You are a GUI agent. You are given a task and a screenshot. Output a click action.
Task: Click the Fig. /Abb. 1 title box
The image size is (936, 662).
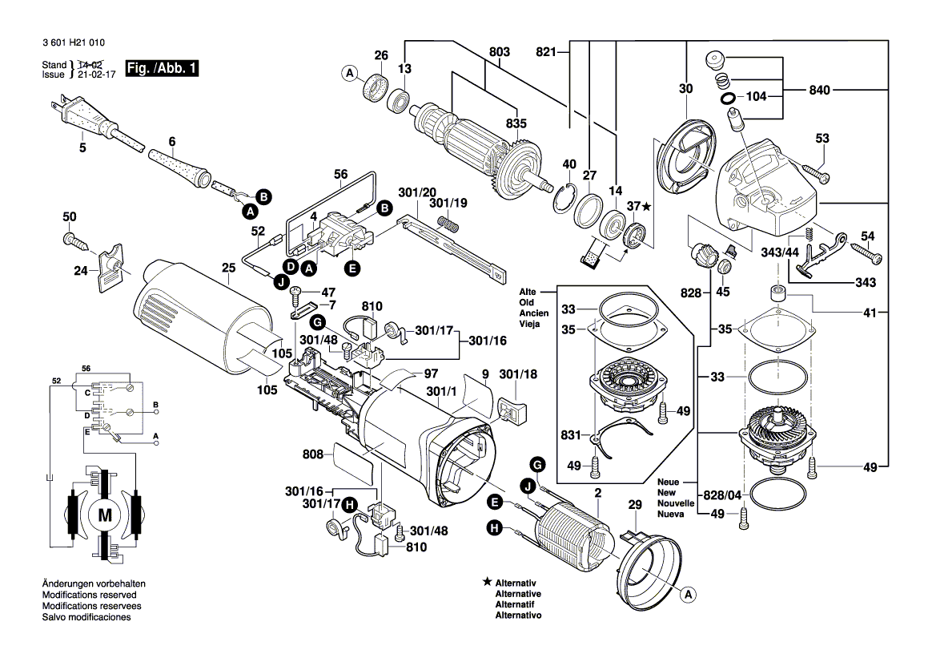[161, 68]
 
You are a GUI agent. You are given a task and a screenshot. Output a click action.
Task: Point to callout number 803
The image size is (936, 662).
[500, 52]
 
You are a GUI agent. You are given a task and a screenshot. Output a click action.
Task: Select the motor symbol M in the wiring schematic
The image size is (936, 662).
[104, 515]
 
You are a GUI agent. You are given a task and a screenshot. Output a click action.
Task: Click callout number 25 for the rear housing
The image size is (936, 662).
[229, 268]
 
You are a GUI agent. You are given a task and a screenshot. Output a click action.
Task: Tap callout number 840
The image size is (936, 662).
[820, 91]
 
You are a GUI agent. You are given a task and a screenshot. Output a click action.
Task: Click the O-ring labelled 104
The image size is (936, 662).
[727, 97]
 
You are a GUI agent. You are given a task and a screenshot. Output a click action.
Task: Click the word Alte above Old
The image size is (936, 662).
[528, 292]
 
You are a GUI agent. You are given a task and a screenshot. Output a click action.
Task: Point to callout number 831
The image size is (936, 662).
[571, 435]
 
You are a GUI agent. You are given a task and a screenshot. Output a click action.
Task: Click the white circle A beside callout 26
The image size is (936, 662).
[350, 74]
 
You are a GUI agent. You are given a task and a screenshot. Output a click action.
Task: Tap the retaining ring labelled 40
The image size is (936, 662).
[564, 199]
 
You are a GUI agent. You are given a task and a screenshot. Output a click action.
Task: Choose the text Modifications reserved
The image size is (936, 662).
[89, 595]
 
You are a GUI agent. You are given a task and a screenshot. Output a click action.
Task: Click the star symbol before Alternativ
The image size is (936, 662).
[488, 581]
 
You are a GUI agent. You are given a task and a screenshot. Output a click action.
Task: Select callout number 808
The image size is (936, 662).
[313, 454]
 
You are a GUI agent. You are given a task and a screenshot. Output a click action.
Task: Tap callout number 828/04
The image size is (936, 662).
[722, 495]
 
